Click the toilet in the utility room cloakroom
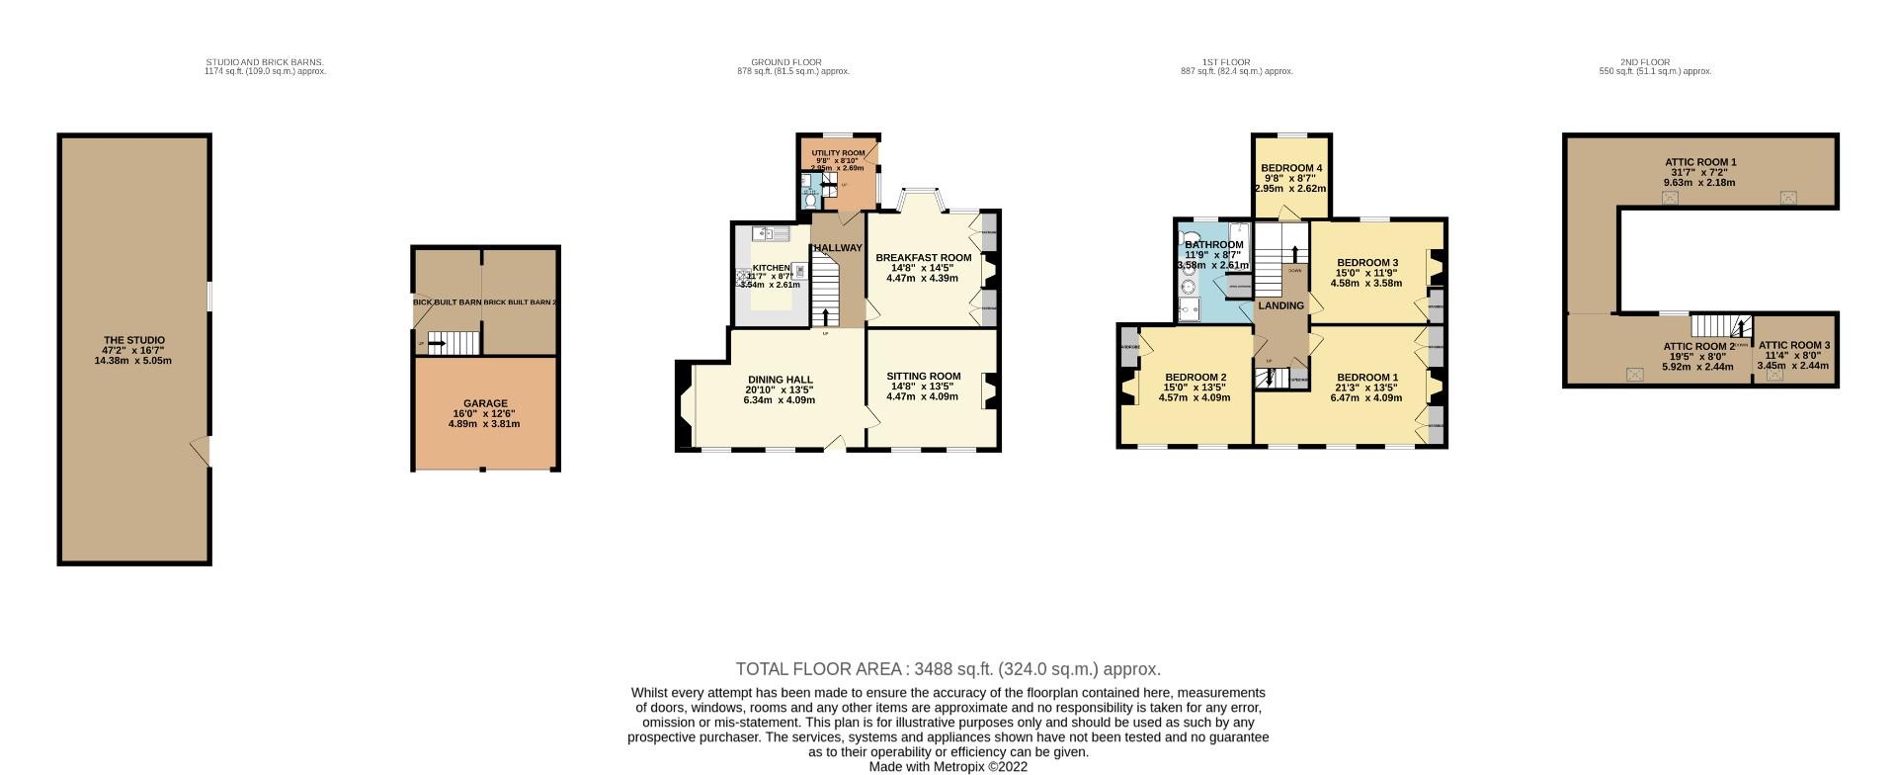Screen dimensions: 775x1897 tap(810, 201)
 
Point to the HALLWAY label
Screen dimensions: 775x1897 tap(838, 248)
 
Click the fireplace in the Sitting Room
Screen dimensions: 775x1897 tap(987, 390)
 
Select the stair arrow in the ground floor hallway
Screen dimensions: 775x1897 tap(826, 316)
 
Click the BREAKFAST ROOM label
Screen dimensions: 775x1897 tap(923, 258)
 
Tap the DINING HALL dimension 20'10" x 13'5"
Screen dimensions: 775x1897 tap(780, 389)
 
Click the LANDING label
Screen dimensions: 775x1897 tap(1280, 305)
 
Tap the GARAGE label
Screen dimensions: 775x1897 tap(485, 403)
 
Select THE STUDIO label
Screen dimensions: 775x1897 tap(132, 340)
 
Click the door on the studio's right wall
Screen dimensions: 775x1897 tap(203, 451)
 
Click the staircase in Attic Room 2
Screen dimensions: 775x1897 tap(1719, 326)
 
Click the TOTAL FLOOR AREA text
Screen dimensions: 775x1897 tap(948, 669)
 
